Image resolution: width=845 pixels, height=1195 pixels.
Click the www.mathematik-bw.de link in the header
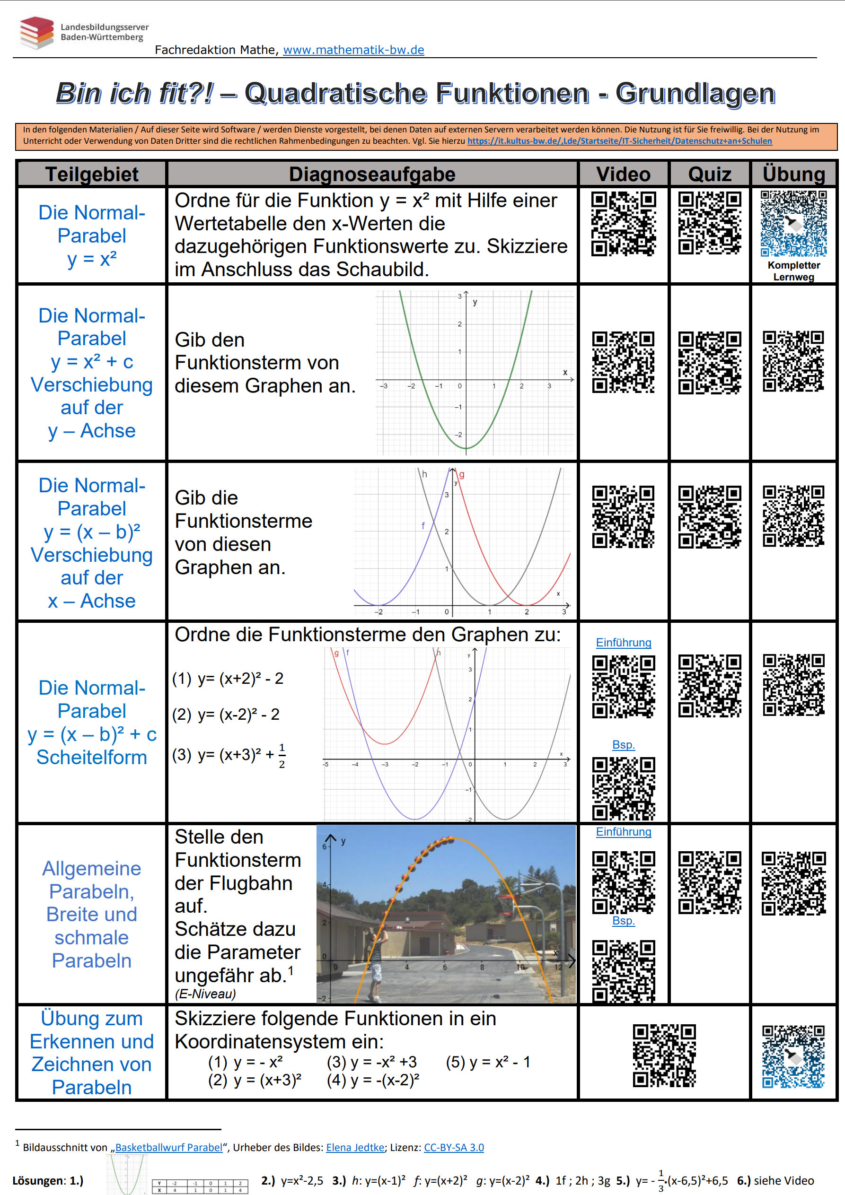click(353, 50)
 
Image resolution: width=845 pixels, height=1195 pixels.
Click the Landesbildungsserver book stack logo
click(36, 32)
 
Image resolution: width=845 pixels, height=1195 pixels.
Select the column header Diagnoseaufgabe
click(372, 174)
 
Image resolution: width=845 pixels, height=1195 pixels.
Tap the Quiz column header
click(709, 174)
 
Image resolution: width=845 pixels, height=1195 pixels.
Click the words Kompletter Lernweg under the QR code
click(793, 270)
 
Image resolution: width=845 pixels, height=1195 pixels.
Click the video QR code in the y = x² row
click(623, 224)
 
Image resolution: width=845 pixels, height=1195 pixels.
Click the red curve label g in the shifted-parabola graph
click(462, 474)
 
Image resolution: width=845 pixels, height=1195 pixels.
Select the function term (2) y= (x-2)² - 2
click(226, 714)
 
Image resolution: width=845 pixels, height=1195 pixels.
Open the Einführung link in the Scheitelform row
click(623, 642)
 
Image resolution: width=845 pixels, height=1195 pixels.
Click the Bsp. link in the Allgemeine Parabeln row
click(623, 920)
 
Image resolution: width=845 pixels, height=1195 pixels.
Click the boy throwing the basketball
click(375, 963)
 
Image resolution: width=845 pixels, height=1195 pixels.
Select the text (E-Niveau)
click(205, 994)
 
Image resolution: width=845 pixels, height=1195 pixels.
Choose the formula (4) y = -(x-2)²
click(373, 1080)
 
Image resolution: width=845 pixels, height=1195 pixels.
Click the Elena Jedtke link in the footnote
click(355, 1147)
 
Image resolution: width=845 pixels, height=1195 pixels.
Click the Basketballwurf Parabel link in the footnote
click(169, 1147)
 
